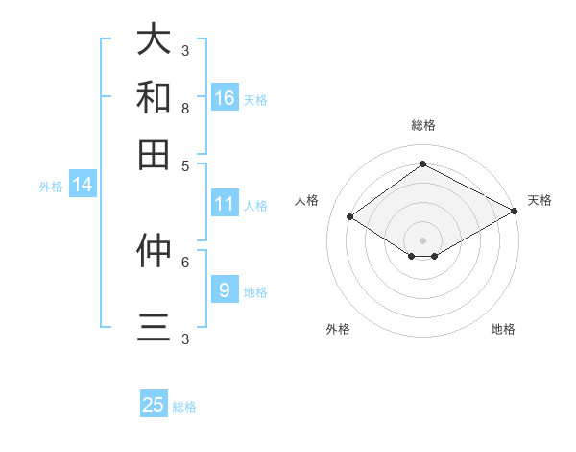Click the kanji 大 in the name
(154, 39)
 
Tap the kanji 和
(154, 97)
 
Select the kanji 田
(154, 154)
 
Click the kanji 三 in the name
(154, 328)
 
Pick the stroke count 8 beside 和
(184, 109)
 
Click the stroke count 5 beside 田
(184, 165)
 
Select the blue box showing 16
(225, 97)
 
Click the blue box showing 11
(225, 204)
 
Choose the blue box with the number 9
(225, 289)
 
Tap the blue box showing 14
(83, 185)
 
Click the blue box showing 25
(154, 405)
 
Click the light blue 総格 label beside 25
(184, 407)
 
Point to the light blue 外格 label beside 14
(51, 187)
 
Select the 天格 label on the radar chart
(540, 200)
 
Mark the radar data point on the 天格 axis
(515, 212)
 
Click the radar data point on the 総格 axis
(422, 164)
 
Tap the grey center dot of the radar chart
(422, 239)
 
